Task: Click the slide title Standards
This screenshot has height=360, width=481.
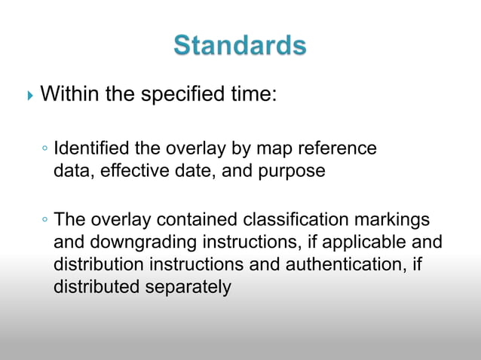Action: [240, 45]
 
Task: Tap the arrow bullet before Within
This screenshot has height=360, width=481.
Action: [29, 96]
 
